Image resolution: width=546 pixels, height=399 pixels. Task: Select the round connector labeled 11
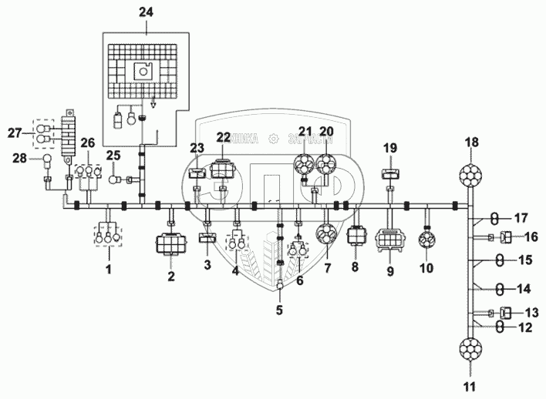470,350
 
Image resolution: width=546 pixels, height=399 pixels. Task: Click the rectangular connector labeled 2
171,244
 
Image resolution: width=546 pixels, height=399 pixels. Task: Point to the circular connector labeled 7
327,242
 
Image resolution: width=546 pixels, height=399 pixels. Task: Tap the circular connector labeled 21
306,166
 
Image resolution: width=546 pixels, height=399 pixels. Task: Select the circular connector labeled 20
327,166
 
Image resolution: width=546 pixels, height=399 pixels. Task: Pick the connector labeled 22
224,167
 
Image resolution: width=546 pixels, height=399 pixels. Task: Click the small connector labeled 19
390,173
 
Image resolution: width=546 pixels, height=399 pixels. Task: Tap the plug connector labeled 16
507,237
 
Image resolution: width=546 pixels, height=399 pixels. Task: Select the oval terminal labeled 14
500,289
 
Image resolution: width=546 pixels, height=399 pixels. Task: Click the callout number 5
280,310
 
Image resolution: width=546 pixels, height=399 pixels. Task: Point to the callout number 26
88,142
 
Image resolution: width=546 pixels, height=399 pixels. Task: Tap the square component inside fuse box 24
143,72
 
